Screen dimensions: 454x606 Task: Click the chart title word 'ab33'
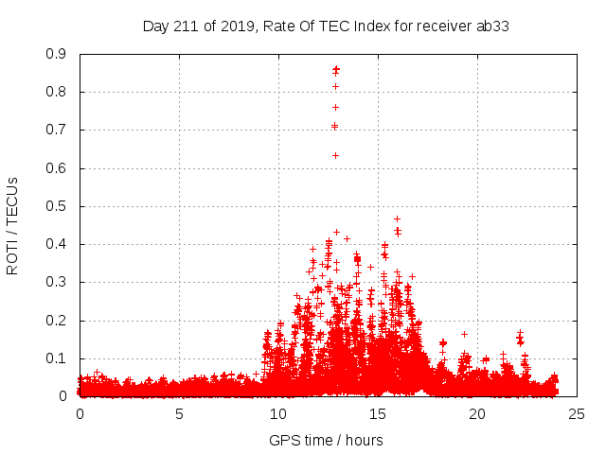pyautogui.click(x=493, y=26)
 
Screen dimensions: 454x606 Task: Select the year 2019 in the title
pyautogui.click(x=232, y=26)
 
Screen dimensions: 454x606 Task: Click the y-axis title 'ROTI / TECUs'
pyautogui.click(x=12, y=225)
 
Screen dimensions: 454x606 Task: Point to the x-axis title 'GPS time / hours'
pyautogui.click(x=326, y=440)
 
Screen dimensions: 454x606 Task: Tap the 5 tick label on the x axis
pyautogui.click(x=179, y=413)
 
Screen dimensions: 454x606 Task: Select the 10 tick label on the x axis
pyautogui.click(x=278, y=413)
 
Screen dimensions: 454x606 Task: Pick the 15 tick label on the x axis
pyautogui.click(x=378, y=413)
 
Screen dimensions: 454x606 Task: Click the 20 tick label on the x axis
pyautogui.click(x=477, y=413)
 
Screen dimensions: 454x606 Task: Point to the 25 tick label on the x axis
pyautogui.click(x=577, y=413)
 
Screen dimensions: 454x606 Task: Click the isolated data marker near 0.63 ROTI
pyautogui.click(x=335, y=155)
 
